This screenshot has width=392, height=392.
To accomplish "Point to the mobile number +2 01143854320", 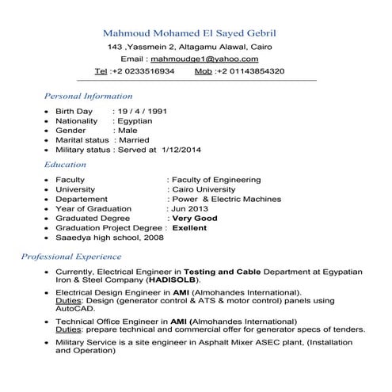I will click(x=254, y=71).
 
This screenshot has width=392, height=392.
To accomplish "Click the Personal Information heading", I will click(x=88, y=95).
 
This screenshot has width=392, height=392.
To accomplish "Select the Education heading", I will click(x=66, y=165).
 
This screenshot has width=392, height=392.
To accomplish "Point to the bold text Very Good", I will click(x=195, y=218).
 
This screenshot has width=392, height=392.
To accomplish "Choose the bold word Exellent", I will click(x=190, y=227).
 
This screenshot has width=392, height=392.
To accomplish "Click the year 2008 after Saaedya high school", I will click(x=154, y=237).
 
